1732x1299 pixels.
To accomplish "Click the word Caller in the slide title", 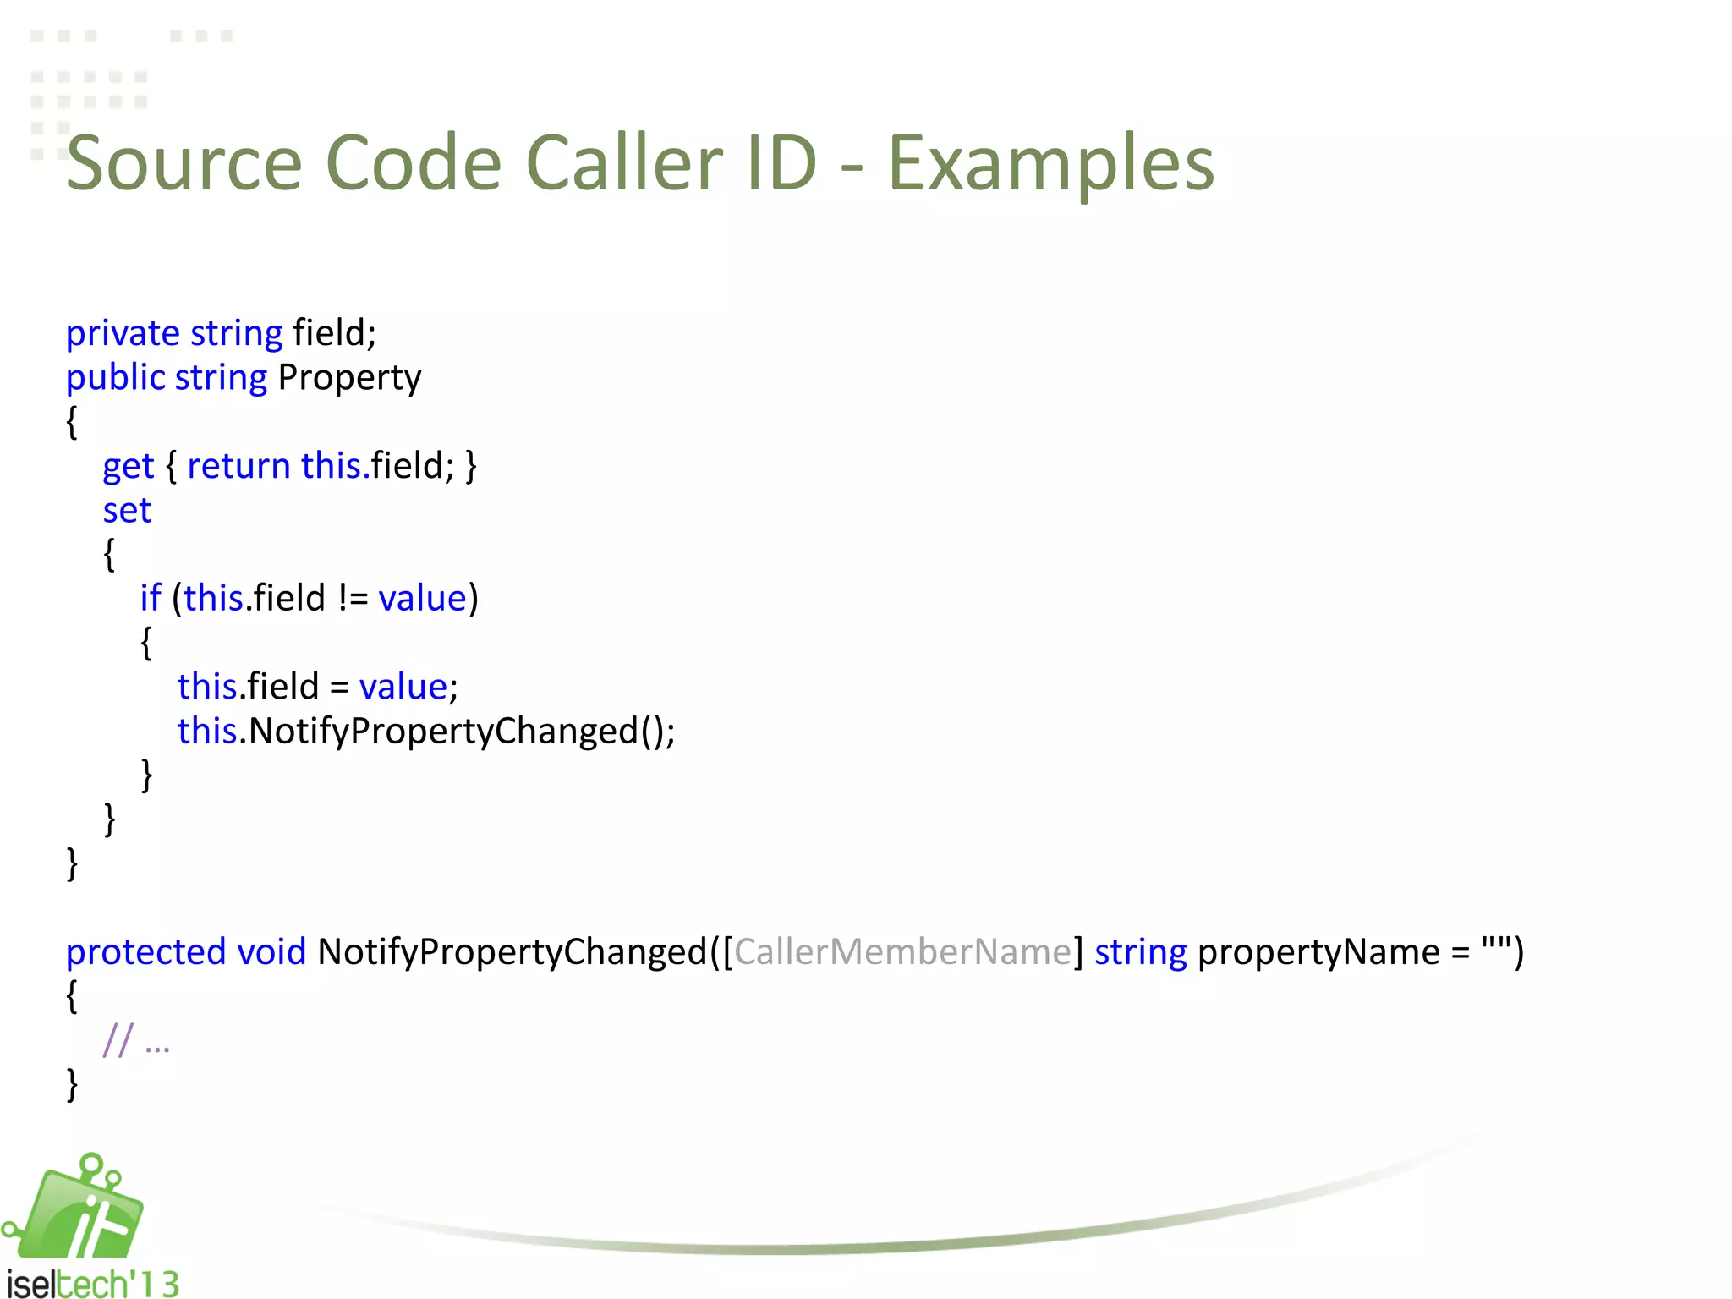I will (x=624, y=162).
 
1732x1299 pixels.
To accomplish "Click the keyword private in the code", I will (x=123, y=333).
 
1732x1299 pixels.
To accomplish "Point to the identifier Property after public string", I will (x=349, y=378).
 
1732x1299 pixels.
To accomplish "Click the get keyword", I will (x=128, y=467).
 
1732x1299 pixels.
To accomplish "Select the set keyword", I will (x=127, y=511).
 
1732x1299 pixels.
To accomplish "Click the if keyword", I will (x=151, y=598).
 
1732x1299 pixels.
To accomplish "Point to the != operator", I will (x=353, y=599).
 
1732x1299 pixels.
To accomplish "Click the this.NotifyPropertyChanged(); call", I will (x=426, y=731).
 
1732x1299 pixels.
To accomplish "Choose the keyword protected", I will (x=145, y=952).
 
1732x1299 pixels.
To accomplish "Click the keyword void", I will (x=271, y=952).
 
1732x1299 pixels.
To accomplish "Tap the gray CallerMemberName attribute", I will (x=902, y=952).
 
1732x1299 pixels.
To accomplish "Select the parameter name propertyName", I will (x=1318, y=952).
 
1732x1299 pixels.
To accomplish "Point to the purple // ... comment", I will (x=136, y=1041).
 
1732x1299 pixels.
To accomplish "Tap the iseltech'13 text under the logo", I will (x=93, y=1284).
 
